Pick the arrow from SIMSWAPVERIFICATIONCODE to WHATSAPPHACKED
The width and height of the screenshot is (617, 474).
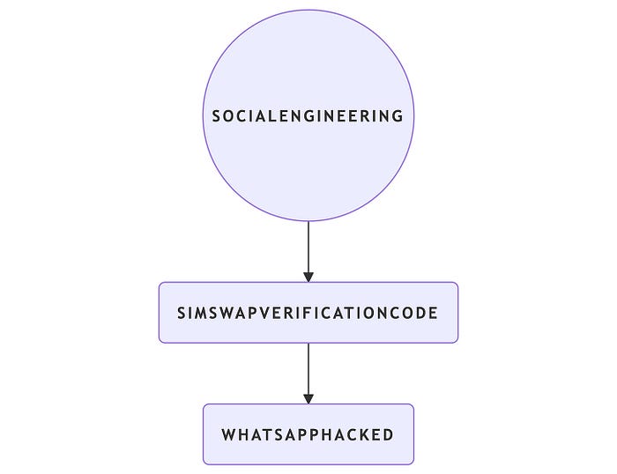point(308,370)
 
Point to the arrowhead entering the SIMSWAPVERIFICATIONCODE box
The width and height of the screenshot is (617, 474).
point(308,276)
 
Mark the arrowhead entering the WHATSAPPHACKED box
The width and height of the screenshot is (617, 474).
point(308,397)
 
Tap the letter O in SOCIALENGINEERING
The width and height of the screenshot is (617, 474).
point(229,115)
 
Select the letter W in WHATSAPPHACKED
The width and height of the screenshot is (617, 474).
point(228,434)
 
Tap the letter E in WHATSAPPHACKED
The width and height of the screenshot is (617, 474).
point(375,434)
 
